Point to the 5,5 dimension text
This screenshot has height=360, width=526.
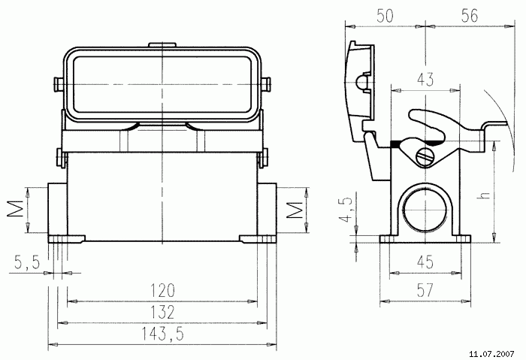pos(27,262)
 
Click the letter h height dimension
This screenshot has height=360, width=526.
pos(485,194)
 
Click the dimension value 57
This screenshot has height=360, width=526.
pos(425,289)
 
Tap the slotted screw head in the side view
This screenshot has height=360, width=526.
pos(425,156)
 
